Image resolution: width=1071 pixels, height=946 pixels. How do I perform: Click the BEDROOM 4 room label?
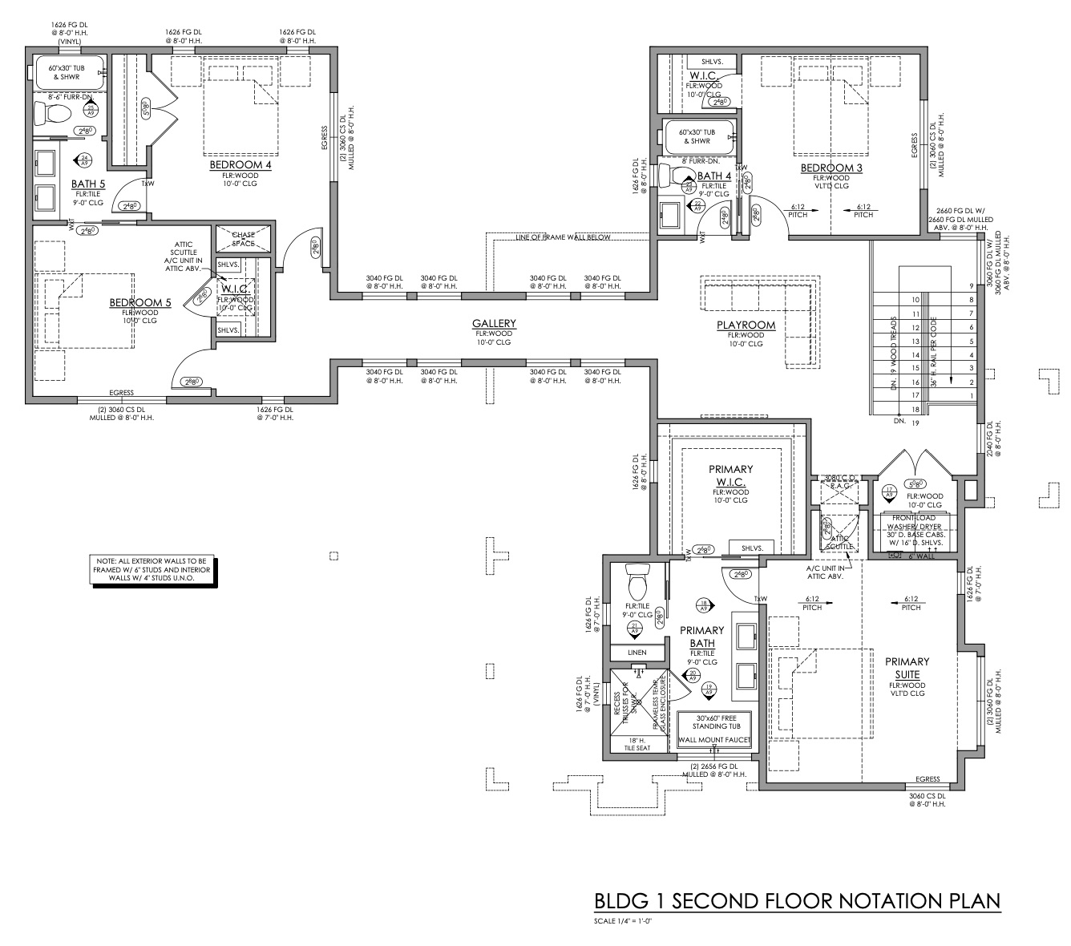pos(240,165)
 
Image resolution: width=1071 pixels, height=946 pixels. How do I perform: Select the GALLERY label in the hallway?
pos(494,324)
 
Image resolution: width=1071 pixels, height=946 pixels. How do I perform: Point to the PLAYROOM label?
pos(746,325)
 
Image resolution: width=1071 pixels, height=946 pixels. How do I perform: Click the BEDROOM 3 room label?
pos(831,168)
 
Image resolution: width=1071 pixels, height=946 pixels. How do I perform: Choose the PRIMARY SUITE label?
pos(907,668)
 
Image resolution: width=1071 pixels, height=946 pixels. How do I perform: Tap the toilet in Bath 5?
pos(55,111)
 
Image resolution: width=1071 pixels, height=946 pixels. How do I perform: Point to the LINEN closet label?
pos(637,653)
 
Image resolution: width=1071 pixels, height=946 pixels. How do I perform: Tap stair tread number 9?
pos(972,286)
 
